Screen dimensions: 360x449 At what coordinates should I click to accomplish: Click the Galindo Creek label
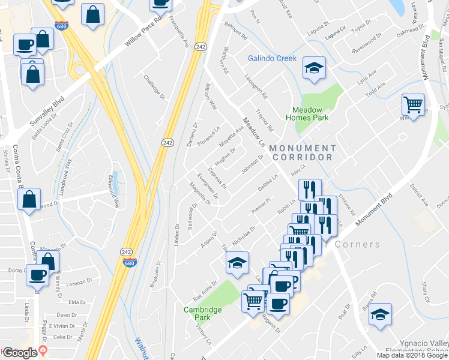tap(273, 58)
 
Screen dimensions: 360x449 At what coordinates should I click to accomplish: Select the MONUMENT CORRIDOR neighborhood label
tap(303, 152)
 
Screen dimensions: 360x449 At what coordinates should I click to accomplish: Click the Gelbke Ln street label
tap(269, 184)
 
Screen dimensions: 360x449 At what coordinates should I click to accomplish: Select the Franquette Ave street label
tap(178, 31)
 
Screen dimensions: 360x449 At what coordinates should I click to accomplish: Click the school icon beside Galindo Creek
tap(313, 68)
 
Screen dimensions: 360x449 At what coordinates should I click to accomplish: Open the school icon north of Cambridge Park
tap(237, 262)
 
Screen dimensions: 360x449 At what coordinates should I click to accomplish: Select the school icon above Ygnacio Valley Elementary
tap(380, 314)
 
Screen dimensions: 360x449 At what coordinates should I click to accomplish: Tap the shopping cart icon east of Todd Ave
tap(414, 105)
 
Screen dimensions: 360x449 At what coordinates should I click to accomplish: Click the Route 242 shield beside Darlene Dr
tap(167, 142)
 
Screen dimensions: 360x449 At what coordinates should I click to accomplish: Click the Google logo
tap(20, 353)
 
